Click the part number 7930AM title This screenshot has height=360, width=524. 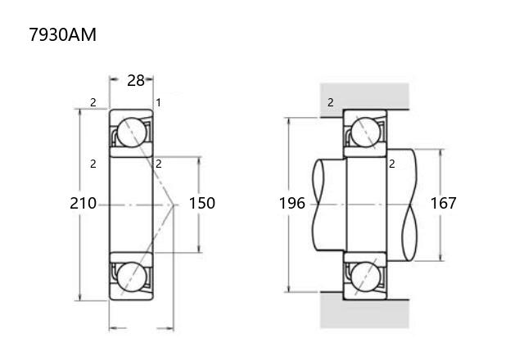(x=62, y=34)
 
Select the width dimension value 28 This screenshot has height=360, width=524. (x=136, y=80)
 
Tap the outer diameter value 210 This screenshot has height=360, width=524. (x=84, y=203)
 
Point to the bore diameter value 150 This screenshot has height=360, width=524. (x=202, y=203)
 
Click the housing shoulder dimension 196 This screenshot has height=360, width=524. (x=292, y=203)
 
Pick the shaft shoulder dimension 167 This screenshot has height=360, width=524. (x=444, y=203)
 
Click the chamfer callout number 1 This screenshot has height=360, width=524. (x=158, y=102)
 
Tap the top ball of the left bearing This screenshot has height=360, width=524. (x=132, y=133)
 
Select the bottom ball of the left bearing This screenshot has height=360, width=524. (x=132, y=277)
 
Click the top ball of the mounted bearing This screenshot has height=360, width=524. (x=366, y=133)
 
